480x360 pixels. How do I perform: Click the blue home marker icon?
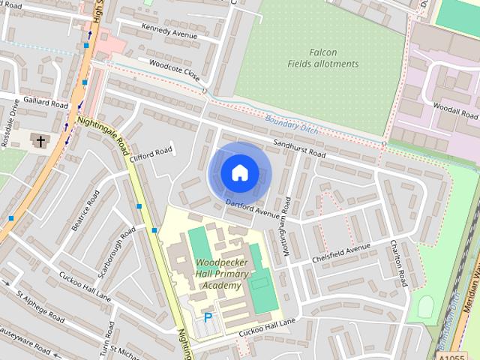tap(239, 173)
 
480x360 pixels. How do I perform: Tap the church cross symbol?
tap(39, 140)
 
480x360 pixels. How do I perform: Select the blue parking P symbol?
tap(208, 318)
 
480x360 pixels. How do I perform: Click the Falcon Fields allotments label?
tap(323, 58)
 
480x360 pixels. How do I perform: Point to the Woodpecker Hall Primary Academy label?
tap(219, 274)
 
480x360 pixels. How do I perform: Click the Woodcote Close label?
tap(174, 70)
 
